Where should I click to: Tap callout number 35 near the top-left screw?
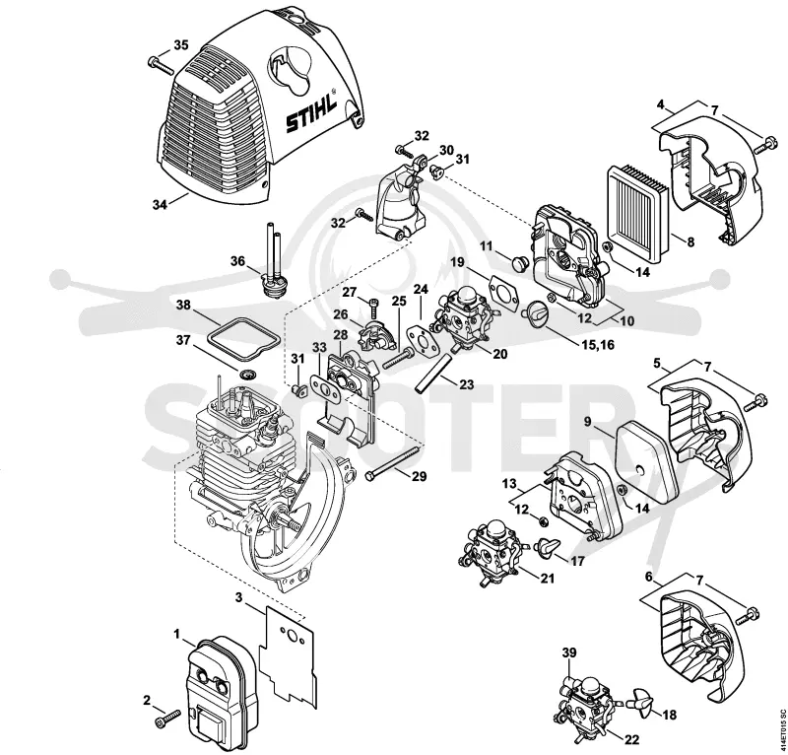pos(181,44)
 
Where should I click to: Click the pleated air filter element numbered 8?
pos(638,201)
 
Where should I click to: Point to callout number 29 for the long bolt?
pos(420,476)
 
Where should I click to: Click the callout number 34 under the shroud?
pos(160,205)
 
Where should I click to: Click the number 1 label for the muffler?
pos(177,635)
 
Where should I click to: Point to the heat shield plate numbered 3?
pos(288,652)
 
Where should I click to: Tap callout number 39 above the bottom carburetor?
pos(569,652)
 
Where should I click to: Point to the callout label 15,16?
pos(597,346)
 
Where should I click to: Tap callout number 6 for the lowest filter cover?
pos(649,577)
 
